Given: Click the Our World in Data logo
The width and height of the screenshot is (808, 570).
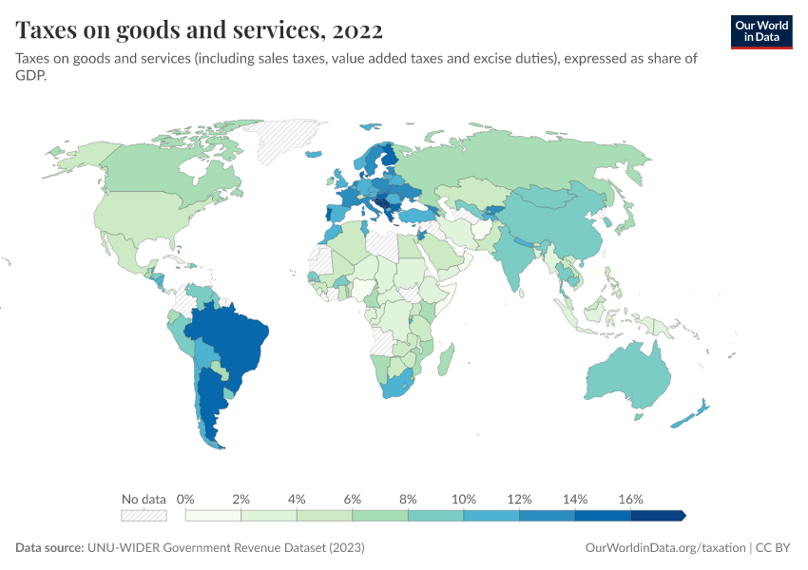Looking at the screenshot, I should click(x=760, y=31).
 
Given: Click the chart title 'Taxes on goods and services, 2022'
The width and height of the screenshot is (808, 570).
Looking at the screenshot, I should click(x=200, y=30).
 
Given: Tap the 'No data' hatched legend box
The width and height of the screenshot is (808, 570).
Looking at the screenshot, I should click(x=144, y=515).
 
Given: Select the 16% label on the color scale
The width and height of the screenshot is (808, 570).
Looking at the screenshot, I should click(x=631, y=499).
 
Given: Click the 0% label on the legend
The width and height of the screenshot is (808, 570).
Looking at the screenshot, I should click(x=186, y=499).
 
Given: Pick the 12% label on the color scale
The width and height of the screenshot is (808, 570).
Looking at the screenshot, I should click(x=519, y=499).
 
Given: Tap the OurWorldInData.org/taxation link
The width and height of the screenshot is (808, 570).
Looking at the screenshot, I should click(x=664, y=548).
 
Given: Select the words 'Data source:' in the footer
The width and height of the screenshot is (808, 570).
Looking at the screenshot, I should click(x=49, y=548).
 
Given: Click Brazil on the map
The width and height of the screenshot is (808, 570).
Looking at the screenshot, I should click(x=233, y=337).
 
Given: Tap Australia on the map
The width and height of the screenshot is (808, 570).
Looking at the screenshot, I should click(x=627, y=375).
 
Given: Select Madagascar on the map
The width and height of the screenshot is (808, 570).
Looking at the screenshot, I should click(x=448, y=361).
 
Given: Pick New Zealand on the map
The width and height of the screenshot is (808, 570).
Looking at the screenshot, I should click(x=692, y=414).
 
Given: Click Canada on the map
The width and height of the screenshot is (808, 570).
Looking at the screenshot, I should click(x=152, y=171).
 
